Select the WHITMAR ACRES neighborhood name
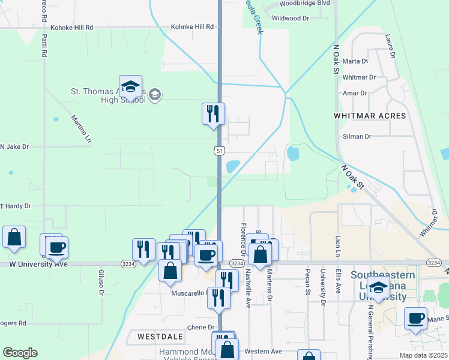point(370,115)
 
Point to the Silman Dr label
point(357,136)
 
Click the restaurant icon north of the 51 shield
point(213,113)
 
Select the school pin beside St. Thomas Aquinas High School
point(130,88)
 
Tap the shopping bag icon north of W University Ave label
point(14,237)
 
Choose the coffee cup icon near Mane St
point(415,318)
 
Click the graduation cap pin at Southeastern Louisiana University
point(378,289)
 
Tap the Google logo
point(20,353)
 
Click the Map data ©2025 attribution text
point(423,355)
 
